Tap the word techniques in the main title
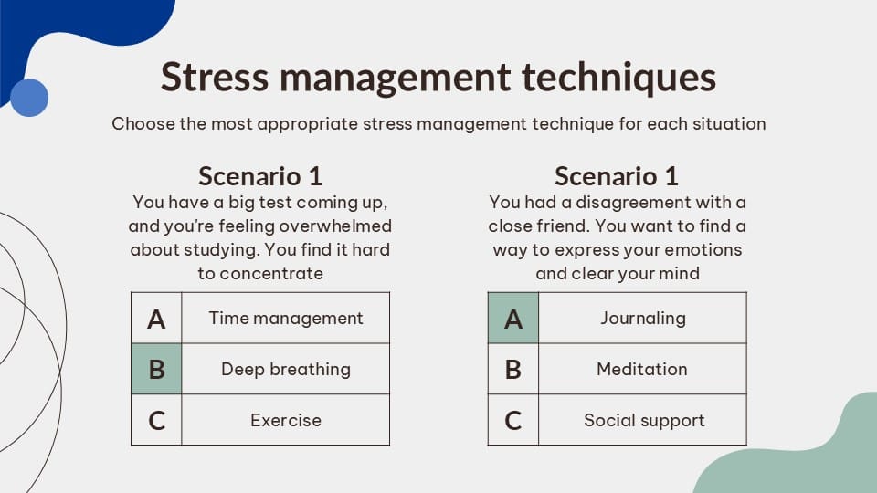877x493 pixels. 618,78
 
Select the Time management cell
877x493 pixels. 286,318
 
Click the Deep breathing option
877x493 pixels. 286,369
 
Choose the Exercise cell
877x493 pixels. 286,420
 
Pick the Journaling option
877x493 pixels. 642,318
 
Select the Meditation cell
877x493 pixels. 642,369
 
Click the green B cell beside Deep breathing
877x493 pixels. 156,369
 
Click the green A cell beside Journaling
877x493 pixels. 513,318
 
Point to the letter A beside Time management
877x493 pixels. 156,319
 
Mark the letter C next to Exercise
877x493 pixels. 156,421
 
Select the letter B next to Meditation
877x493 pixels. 513,370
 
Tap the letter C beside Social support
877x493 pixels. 513,421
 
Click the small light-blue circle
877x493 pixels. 28,98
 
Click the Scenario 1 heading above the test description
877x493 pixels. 260,176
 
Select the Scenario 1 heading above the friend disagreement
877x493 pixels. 617,176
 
